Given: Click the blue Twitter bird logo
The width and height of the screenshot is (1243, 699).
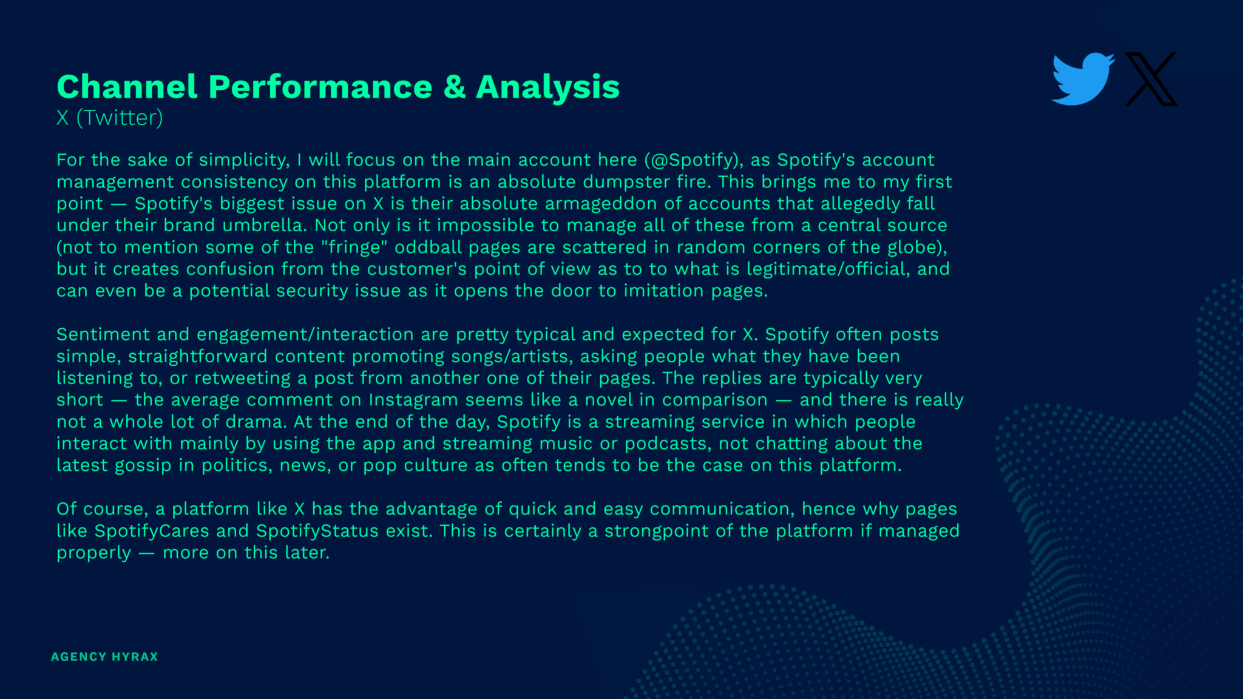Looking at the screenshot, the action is point(1083,79).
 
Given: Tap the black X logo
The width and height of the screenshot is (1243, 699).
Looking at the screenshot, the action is point(1151,79).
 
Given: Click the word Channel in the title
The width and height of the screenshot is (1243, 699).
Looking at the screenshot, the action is point(127,86).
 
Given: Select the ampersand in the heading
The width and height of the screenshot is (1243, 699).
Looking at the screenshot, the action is point(455,86).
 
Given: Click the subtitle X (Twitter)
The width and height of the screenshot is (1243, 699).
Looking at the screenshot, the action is point(110,118).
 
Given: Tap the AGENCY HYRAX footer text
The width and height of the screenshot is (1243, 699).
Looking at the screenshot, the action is point(104,657).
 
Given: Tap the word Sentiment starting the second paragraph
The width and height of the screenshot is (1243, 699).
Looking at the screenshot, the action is point(103,334).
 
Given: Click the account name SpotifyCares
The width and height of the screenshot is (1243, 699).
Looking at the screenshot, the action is point(152,532).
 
